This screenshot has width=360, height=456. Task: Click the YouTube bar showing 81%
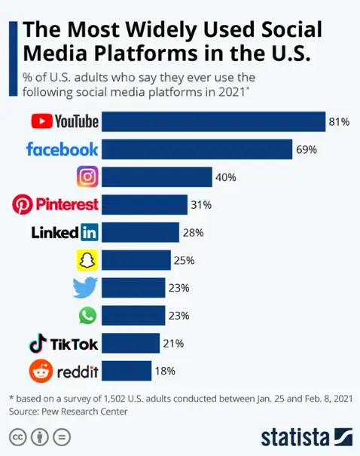tap(213, 121)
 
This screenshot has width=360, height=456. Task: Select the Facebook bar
tap(197, 148)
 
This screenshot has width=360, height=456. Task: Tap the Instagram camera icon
tap(88, 176)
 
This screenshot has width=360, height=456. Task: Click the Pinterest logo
tap(56, 204)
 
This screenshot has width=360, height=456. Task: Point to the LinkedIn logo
tap(65, 232)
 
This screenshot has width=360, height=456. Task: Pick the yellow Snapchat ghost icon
tap(88, 260)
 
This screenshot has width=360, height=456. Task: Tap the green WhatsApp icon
tap(88, 315)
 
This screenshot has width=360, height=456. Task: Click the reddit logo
tap(63, 371)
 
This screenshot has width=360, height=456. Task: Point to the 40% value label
tap(226, 177)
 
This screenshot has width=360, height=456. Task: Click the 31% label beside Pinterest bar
tap(202, 205)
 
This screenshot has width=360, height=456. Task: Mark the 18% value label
tap(165, 371)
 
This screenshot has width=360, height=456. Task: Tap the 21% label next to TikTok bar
tap(173, 344)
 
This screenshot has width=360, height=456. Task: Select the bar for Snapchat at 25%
tap(136, 260)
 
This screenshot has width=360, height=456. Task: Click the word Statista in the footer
tap(294, 437)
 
